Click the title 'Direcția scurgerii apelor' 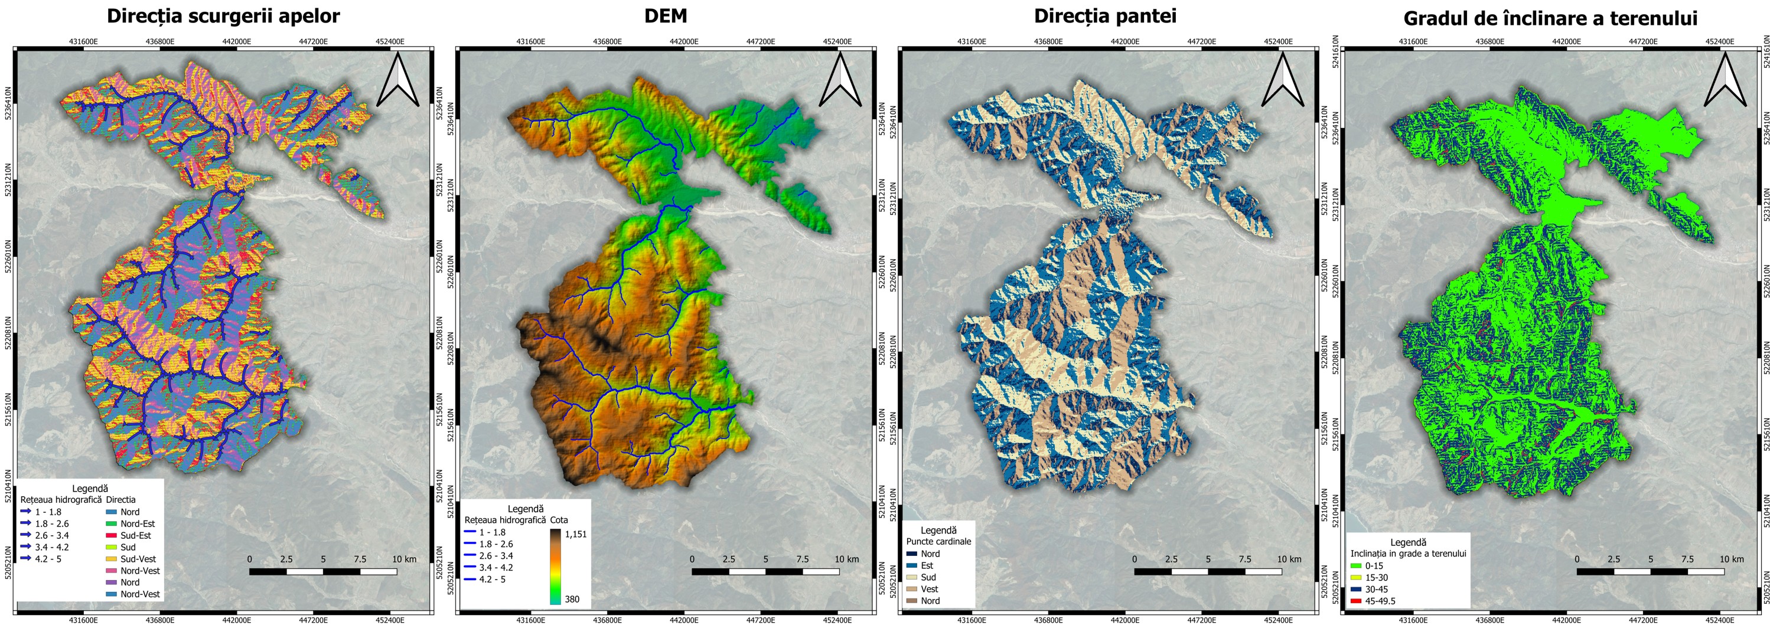click(223, 17)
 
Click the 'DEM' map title click(665, 17)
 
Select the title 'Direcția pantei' click(1105, 17)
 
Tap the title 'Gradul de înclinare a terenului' click(1550, 18)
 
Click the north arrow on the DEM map click(840, 81)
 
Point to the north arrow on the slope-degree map click(1725, 81)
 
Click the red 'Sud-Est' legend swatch click(110, 536)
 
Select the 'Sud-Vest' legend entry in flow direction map click(138, 559)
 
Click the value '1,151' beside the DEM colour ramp click(576, 534)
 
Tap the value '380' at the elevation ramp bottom click(572, 599)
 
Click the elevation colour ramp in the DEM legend click(555, 566)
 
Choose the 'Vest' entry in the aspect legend click(929, 588)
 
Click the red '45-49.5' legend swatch click(1355, 601)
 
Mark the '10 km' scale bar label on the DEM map click(846, 559)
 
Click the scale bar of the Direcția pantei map click(1208, 571)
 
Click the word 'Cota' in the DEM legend click(559, 520)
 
